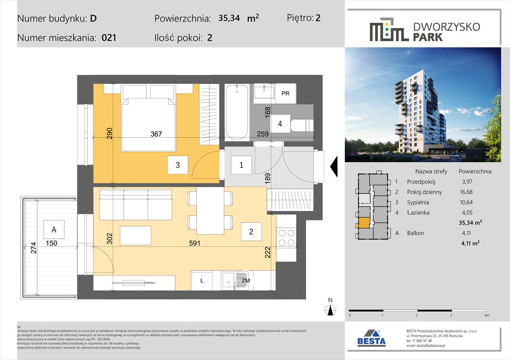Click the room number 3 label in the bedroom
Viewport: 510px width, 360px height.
point(178,165)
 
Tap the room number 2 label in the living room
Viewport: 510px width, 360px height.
point(251,232)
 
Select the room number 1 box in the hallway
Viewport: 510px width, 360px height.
point(241,165)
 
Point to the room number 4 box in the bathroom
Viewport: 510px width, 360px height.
point(280,124)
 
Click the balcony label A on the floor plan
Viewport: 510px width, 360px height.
point(54,230)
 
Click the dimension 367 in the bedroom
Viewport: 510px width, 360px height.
point(156,134)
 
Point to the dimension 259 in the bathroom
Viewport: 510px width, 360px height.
point(263,134)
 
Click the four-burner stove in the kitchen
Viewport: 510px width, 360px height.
point(286,237)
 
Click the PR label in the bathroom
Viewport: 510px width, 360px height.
point(285,94)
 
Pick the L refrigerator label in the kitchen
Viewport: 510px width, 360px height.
point(201,280)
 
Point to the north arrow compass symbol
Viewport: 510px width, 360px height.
point(330,309)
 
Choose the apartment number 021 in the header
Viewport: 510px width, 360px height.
point(109,38)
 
